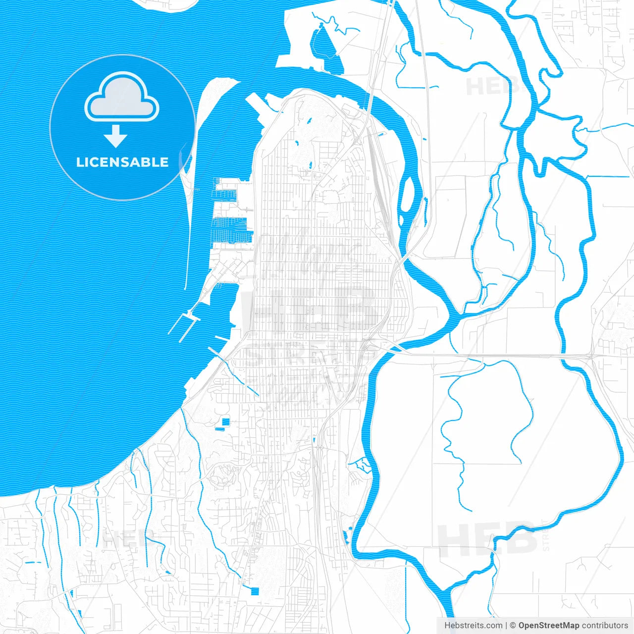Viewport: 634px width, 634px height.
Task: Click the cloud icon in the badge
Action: tap(122, 98)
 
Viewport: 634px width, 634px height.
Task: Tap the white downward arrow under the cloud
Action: tap(115, 136)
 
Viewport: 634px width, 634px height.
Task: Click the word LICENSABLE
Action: tap(122, 162)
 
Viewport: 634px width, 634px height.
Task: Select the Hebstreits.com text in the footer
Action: tap(473, 626)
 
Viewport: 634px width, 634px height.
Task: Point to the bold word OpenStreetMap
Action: tap(548, 626)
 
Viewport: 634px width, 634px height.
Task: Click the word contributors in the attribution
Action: tap(604, 626)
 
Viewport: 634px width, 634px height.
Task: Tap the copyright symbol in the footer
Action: tap(513, 626)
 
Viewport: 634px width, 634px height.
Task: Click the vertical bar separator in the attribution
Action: tap(506, 626)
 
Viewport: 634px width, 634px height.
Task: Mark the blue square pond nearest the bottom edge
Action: tap(255, 591)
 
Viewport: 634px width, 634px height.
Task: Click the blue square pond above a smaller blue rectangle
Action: tap(226, 422)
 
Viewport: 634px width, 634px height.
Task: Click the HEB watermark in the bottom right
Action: tap(488, 538)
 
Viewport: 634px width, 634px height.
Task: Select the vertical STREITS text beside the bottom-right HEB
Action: tap(546, 535)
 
